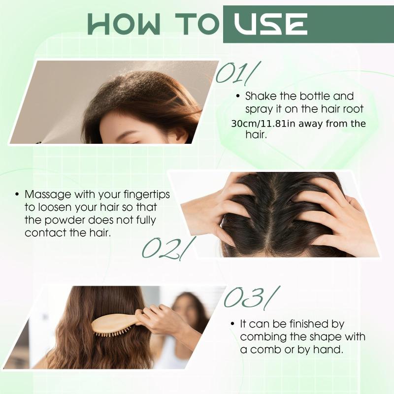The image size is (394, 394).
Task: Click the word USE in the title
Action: click(x=270, y=24)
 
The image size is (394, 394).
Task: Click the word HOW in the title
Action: click(x=124, y=24)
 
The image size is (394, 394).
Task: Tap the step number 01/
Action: click(x=238, y=72)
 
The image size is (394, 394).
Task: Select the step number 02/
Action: click(x=168, y=248)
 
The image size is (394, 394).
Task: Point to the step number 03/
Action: click(x=252, y=298)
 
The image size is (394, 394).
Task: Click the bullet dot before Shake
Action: click(x=238, y=97)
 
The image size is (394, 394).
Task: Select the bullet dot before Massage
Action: click(x=17, y=194)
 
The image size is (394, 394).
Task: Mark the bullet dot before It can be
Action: click(x=232, y=324)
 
